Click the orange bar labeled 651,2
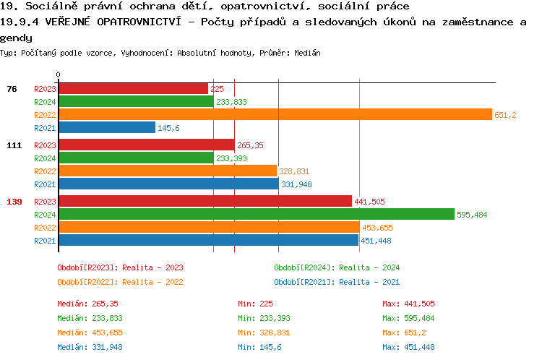point(275,114)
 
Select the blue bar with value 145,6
point(106,127)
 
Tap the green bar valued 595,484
point(256,214)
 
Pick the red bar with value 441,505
point(205,201)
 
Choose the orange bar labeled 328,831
point(167,171)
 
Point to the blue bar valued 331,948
point(168,184)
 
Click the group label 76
point(12,89)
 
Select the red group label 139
point(14,202)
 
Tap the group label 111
point(14,145)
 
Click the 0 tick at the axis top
point(59,74)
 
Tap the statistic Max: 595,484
point(409,318)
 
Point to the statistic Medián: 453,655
point(88,333)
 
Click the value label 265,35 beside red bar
point(250,145)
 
